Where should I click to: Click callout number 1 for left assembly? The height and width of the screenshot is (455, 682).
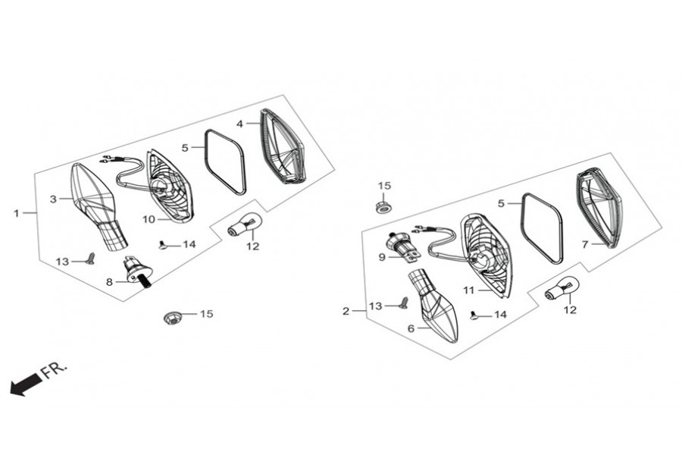tap(17, 213)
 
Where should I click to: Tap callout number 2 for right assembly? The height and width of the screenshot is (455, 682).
tap(346, 312)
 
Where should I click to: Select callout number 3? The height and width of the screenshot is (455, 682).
tap(53, 199)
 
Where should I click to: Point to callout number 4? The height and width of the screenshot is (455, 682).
tap(239, 124)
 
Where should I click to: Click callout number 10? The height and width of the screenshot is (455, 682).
tap(149, 219)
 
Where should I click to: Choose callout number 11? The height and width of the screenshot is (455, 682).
tap(468, 290)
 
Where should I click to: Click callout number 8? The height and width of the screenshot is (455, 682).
tap(109, 282)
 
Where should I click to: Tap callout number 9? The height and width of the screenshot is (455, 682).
tap(382, 257)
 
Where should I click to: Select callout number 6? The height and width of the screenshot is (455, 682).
tap(411, 328)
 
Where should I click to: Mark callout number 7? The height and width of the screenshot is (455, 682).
tap(585, 245)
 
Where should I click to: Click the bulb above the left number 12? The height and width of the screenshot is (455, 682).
tap(245, 223)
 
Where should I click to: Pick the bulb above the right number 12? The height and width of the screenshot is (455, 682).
tap(562, 288)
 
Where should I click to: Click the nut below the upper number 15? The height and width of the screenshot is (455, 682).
tap(383, 207)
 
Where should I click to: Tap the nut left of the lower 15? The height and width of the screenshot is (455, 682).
tap(172, 318)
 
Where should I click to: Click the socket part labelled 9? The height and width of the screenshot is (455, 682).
tap(403, 248)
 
